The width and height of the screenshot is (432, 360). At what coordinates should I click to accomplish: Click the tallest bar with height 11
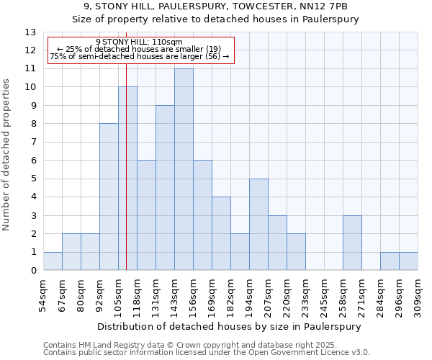(184, 169)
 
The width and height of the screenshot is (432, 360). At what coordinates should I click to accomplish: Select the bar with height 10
(127, 179)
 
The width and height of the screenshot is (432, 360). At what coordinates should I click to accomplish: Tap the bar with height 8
(109, 197)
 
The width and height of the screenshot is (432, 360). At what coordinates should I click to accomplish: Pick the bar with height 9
(165, 188)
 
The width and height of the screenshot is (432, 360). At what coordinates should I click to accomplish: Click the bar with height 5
(258, 225)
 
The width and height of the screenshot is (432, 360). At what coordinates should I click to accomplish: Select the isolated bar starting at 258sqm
(352, 243)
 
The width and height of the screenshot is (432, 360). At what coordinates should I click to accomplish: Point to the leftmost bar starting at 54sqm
(53, 261)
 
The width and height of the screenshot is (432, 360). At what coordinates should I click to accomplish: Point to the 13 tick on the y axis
(30, 32)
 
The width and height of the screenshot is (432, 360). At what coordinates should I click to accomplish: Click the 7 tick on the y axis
(33, 143)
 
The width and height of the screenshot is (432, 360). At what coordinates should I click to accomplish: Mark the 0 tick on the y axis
(33, 271)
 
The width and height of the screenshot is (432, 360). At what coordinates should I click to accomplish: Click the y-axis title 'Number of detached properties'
(7, 155)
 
